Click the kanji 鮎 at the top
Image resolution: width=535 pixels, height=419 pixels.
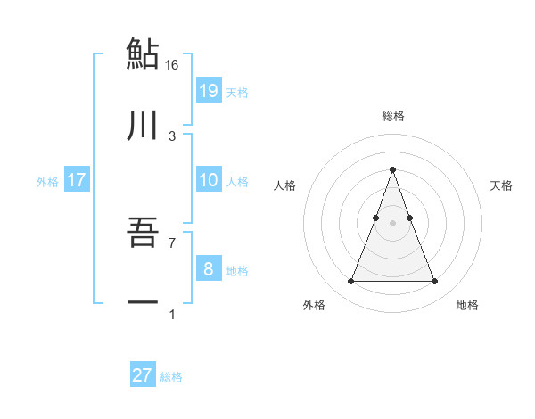142,53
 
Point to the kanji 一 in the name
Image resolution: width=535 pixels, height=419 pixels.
142,303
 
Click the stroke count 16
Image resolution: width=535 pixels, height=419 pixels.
172,64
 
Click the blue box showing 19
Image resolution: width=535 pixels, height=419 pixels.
208,91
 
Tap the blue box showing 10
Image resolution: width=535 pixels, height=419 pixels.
208,180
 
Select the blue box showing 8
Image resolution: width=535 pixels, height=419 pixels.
208,269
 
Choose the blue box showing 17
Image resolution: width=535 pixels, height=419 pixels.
76,180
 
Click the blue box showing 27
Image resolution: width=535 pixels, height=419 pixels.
142,375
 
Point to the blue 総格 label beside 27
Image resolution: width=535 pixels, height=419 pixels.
171,377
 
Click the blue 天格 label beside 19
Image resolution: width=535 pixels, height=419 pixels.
237,93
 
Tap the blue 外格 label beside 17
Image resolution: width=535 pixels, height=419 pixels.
47,182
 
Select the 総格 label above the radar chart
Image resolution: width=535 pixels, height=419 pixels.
392,116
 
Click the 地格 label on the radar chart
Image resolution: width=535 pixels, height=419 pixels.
467,306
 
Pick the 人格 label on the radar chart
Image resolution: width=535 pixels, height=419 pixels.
285,185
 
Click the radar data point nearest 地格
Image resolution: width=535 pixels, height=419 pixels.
434,282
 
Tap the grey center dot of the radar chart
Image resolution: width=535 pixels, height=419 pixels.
392,223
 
